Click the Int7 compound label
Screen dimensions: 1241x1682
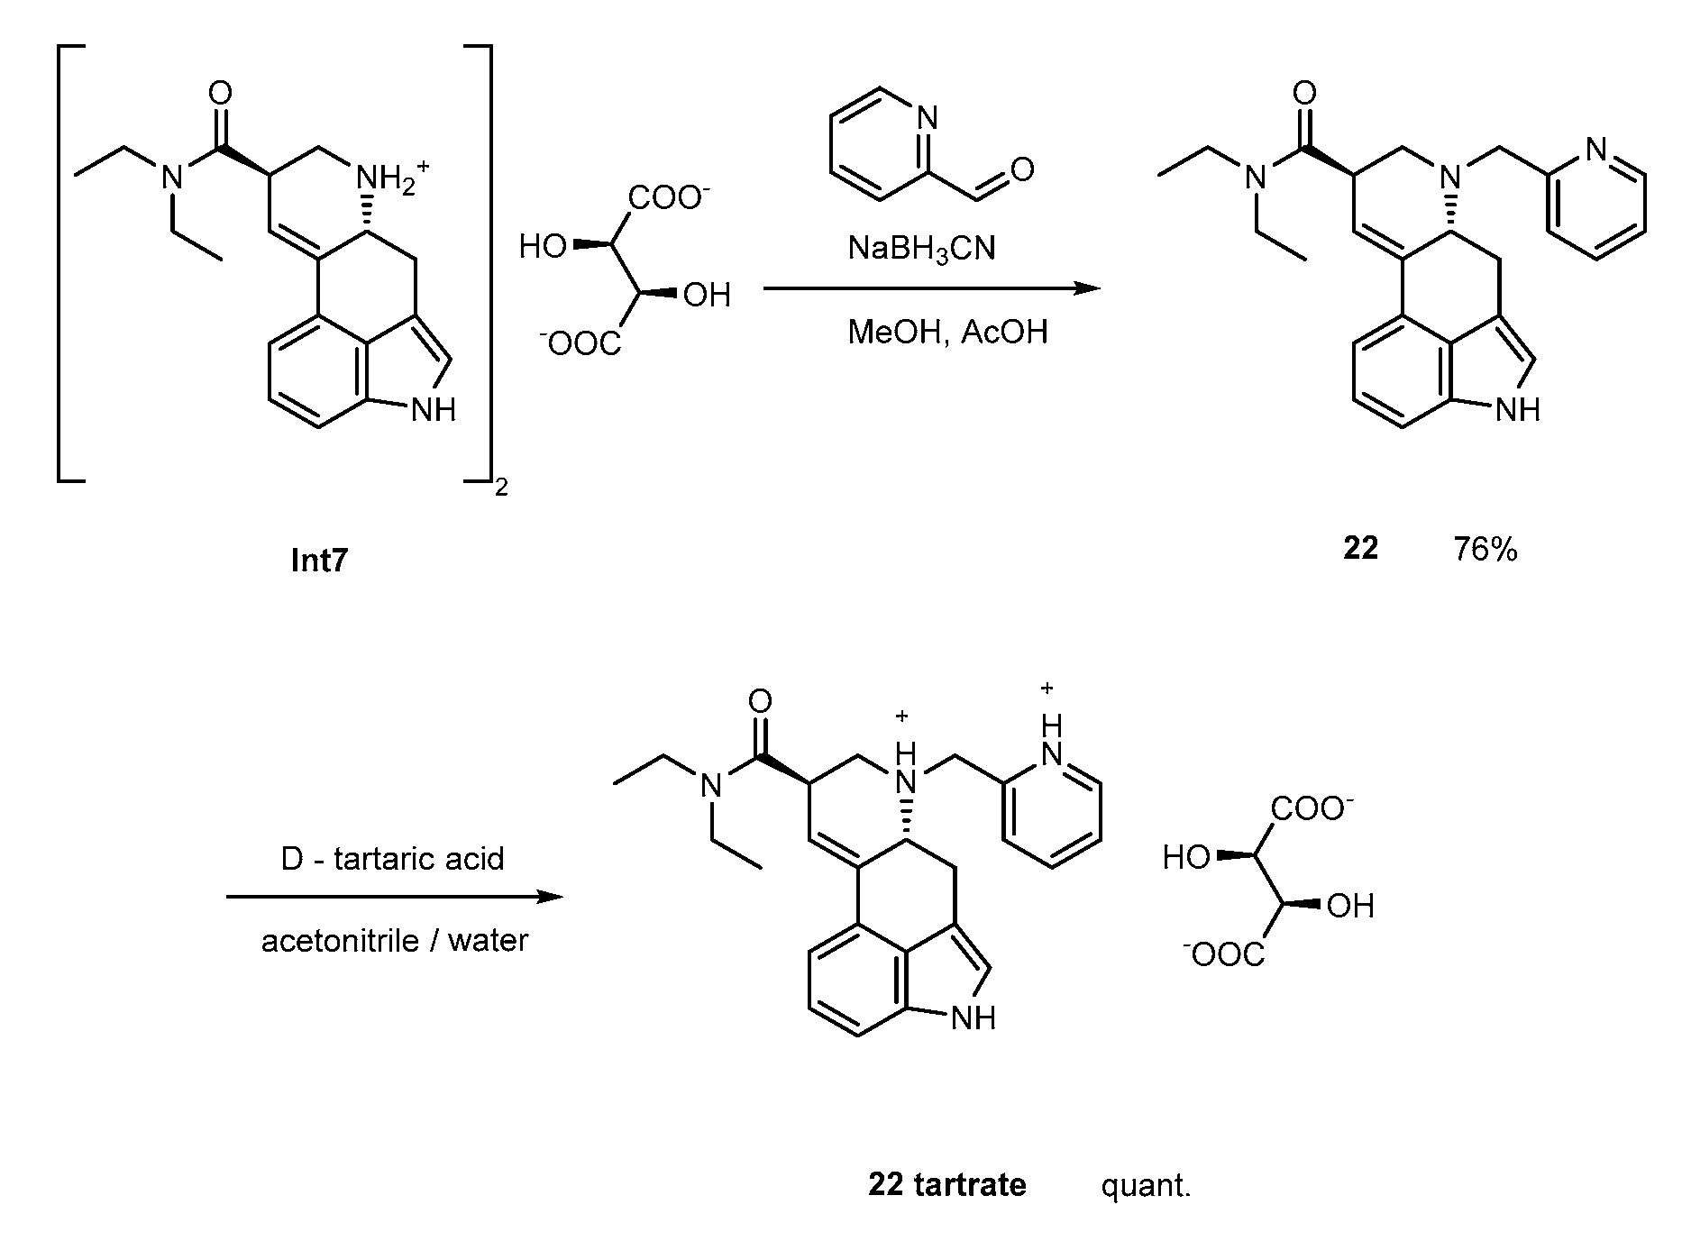(x=319, y=561)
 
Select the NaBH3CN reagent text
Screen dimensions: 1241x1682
(x=921, y=248)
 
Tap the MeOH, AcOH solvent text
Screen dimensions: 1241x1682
(x=947, y=332)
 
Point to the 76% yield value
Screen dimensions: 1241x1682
(x=1485, y=549)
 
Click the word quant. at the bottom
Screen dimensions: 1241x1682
(x=1146, y=1185)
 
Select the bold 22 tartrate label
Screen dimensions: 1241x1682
(x=947, y=1184)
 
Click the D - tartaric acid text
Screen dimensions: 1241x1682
(x=393, y=858)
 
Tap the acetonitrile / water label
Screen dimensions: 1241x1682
(x=395, y=941)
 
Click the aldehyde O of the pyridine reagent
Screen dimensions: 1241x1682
(x=1022, y=169)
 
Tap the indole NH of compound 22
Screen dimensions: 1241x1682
(x=1518, y=410)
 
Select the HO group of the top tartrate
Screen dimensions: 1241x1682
(x=543, y=246)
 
